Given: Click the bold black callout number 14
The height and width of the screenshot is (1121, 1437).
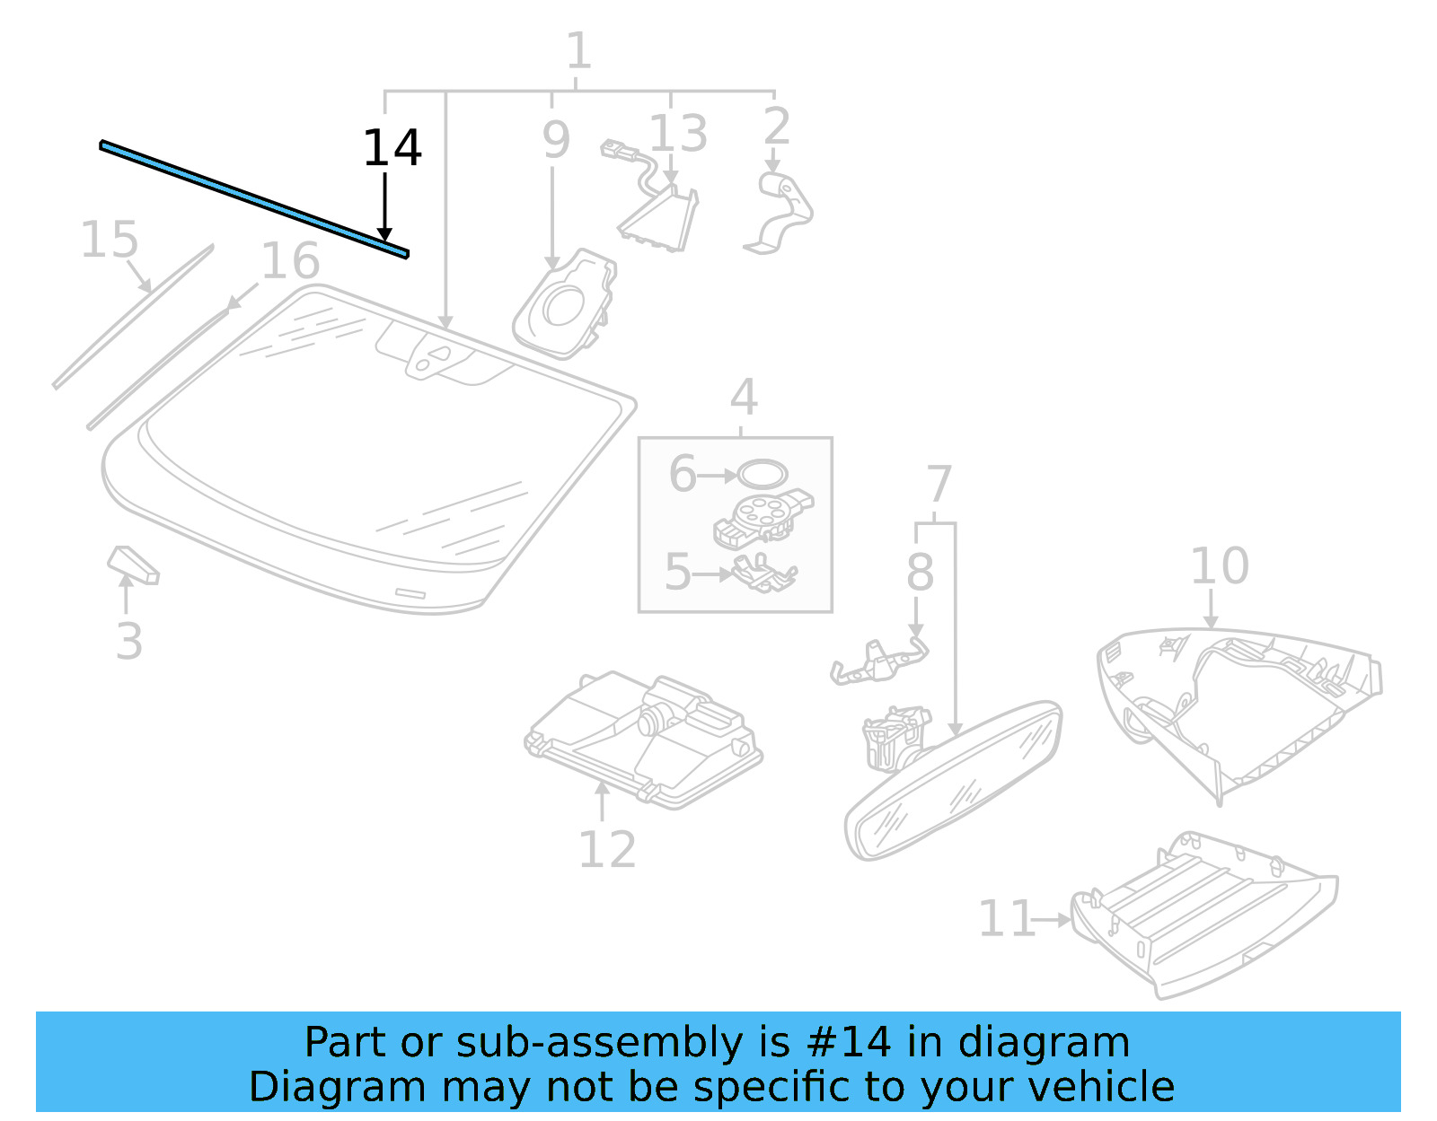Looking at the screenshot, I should pos(392,148).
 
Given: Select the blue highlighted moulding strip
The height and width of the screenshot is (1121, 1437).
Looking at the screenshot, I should pos(254,199).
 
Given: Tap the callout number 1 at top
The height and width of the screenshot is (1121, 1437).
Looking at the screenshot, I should pos(578,51).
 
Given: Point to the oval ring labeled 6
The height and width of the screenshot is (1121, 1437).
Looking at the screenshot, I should pos(763,473).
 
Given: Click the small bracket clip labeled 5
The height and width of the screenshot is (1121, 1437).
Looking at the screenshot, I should pos(763,574).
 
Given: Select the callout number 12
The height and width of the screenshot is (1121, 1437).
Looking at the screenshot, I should pos(607,849).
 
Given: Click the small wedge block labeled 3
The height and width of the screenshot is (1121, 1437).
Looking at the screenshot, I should pos(133,565).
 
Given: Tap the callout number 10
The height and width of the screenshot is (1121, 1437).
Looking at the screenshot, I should pos(1219,565).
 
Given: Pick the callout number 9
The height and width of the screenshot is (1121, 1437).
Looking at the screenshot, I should pos(556,140).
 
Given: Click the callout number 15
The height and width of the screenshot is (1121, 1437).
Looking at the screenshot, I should pos(110,240).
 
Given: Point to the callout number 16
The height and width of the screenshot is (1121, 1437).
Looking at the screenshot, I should pos(289,261).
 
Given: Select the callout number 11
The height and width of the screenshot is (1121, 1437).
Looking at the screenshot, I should pos(1006,919).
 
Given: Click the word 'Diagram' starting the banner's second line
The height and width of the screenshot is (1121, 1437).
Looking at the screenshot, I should pos(304,1087).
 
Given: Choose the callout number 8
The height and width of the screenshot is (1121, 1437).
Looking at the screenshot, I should pos(919,572).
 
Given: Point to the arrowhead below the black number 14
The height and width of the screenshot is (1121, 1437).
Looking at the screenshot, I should pos(385,235).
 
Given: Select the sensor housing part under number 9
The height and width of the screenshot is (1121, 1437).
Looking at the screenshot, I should pos(566,306).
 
